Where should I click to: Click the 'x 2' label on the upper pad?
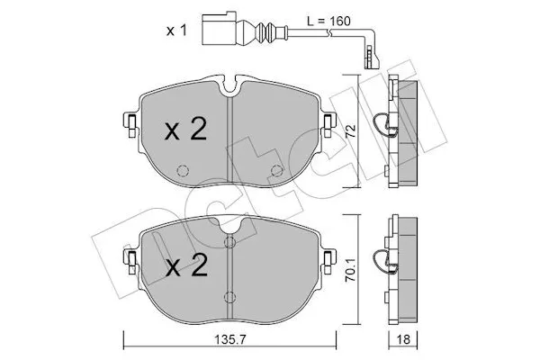pos(186,130)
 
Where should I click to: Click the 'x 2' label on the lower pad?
pos(186,265)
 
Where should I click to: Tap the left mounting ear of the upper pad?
pos(130,124)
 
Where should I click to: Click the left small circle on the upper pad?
pos(183,171)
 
